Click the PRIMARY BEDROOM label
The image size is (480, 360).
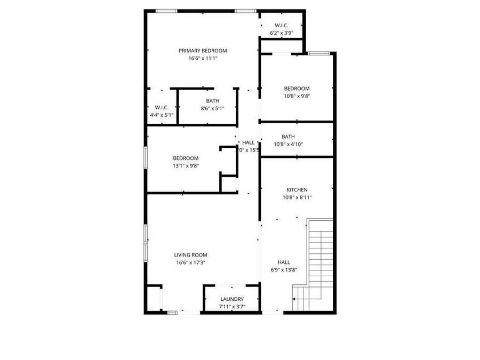click(203, 51)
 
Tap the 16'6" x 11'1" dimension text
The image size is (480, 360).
click(203, 58)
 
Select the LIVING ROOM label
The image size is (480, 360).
click(190, 255)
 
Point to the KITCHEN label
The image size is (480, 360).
click(297, 190)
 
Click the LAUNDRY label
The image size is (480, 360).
click(232, 299)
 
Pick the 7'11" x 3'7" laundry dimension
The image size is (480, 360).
click(232, 307)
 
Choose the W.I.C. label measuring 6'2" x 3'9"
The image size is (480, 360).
click(282, 26)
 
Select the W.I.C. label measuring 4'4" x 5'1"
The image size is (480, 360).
click(162, 107)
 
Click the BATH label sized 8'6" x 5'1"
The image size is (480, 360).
click(212, 101)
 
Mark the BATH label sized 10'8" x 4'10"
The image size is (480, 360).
click(288, 137)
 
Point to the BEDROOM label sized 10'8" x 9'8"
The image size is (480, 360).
click(297, 89)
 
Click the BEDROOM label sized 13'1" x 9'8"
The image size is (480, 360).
click(186, 158)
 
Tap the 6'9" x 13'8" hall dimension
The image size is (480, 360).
click(284, 269)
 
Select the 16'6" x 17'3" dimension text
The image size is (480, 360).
click(190, 262)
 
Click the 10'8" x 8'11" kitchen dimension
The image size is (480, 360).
click(297, 197)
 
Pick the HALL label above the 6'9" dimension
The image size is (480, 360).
click(284, 262)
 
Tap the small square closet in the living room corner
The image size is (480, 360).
click(154, 299)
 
